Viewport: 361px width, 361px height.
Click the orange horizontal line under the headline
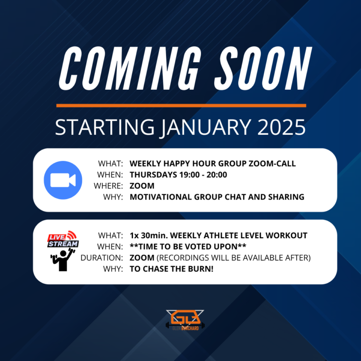181,105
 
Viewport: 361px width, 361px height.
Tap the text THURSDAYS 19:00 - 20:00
178,174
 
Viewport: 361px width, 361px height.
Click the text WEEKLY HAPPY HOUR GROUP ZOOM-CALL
213,163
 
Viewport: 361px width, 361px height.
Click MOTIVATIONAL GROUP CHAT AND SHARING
217,197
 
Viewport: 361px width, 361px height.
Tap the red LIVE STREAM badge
63,239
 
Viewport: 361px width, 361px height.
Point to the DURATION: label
102,258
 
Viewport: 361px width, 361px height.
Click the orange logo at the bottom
185,319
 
